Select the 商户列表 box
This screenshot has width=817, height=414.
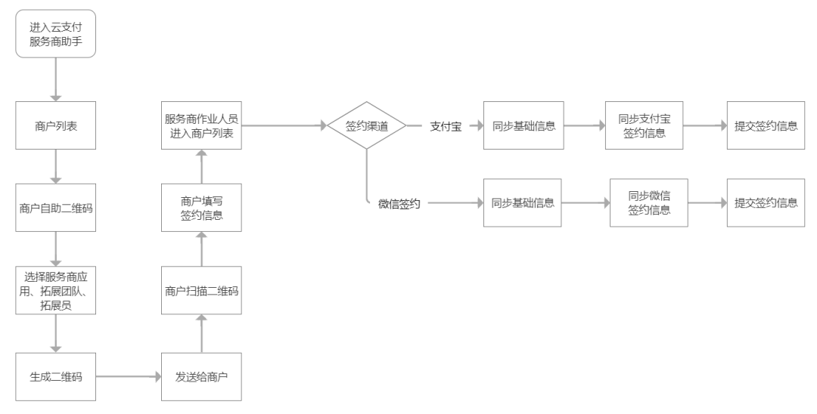point(56,125)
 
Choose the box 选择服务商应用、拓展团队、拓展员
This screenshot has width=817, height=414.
point(56,291)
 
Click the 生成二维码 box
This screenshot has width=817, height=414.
point(56,375)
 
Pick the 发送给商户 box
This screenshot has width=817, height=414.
point(201,375)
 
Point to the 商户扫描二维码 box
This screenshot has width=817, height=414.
point(201,291)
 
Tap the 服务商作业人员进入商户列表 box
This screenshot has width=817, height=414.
point(201,125)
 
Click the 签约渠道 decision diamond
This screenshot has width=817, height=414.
point(366,126)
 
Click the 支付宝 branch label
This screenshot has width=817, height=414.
point(446,126)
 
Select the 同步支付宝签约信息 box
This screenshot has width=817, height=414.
point(644,126)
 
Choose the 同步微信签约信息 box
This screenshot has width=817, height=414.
point(649,202)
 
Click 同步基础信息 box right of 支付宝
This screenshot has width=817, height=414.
point(523,126)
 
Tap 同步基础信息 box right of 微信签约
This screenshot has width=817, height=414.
point(522,202)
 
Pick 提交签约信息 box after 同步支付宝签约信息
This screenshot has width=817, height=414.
point(766,126)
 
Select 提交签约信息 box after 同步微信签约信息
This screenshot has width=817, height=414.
point(766,202)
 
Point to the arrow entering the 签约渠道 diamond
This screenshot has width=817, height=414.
point(283,126)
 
